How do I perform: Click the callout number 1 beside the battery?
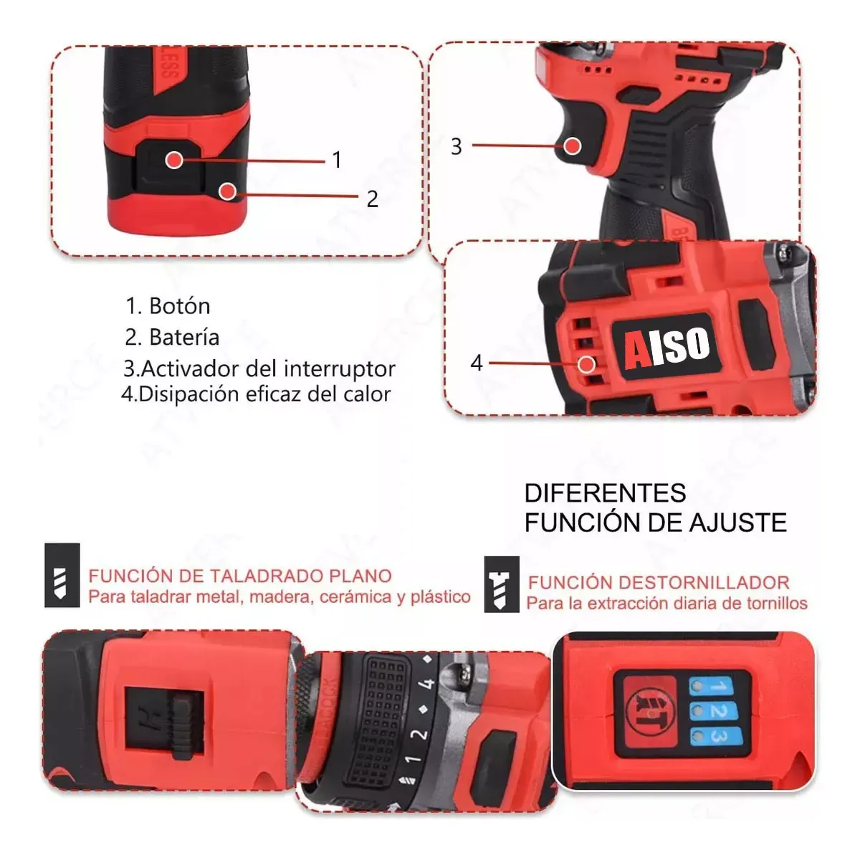pos(337,160)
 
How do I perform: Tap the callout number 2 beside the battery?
pos(372,199)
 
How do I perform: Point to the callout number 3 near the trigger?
pos(457,147)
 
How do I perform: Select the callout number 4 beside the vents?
pos(477,363)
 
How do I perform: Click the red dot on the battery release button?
pos(173,159)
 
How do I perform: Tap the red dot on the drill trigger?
pos(572,146)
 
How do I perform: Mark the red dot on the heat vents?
pos(587,363)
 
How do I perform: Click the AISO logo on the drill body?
pos(666,348)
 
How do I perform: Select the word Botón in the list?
pos(179,306)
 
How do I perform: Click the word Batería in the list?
pos(184,337)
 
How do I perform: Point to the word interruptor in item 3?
pos(340,368)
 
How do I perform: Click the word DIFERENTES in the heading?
pos(605,493)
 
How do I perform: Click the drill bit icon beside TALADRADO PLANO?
pos(62,576)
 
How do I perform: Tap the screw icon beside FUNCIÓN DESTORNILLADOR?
pos(502,584)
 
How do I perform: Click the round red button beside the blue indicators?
pos(646,711)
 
